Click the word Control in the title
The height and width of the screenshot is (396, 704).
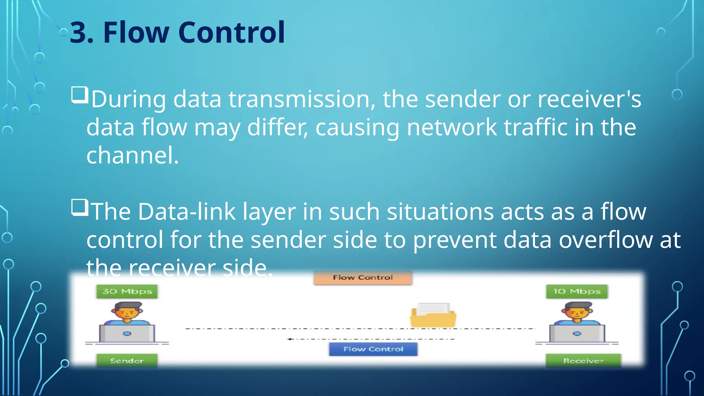coord(231,33)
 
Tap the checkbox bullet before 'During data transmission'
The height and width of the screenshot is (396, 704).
coord(80,95)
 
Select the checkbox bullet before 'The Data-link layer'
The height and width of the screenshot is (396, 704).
coord(80,207)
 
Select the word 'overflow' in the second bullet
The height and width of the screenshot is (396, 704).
coord(605,240)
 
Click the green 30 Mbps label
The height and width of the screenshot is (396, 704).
coord(127,291)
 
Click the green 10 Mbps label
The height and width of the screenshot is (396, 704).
coord(576,291)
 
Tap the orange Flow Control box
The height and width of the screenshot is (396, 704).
coord(363,278)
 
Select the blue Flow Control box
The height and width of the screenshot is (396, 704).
coord(373,349)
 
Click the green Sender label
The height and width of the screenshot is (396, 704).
coord(127,361)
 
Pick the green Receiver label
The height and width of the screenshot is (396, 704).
coord(583,361)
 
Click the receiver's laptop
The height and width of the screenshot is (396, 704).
coord(577,333)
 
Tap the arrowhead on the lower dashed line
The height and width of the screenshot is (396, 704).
coord(290,339)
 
